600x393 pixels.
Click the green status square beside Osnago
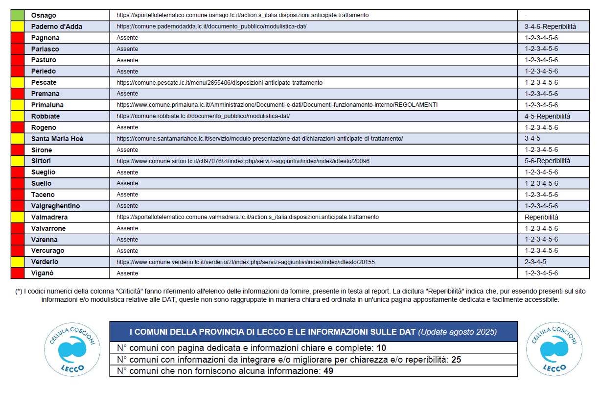[18, 15]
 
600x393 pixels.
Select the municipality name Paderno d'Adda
[56, 26]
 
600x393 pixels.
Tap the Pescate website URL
[219, 82]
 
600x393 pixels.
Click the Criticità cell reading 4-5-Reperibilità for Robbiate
[547, 116]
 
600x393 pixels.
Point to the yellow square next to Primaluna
[18, 105]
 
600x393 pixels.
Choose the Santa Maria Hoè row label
[57, 139]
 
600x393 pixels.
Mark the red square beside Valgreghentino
[18, 206]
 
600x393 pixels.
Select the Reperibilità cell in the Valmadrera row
[541, 217]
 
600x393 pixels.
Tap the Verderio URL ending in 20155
[245, 262]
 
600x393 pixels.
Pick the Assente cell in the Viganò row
[127, 273]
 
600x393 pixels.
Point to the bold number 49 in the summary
[328, 371]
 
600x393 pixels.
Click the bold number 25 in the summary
[456, 360]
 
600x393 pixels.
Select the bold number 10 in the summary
[381, 348]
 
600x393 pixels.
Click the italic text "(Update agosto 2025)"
[457, 332]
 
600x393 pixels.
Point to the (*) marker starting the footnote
[19, 291]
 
